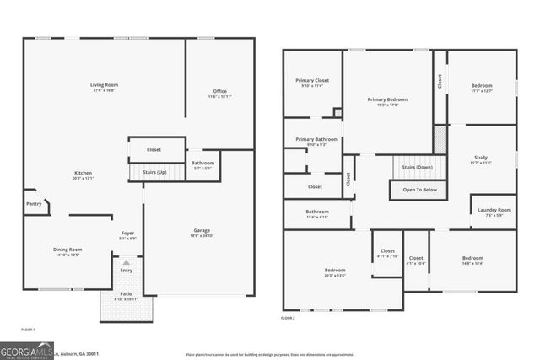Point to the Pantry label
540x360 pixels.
click(34, 204)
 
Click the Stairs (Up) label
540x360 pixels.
click(154, 171)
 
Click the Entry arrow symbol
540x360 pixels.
click(127, 263)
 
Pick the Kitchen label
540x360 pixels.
click(83, 175)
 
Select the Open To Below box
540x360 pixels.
click(418, 190)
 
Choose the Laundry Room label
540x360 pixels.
click(494, 212)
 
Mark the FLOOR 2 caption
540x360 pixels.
click(289, 318)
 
